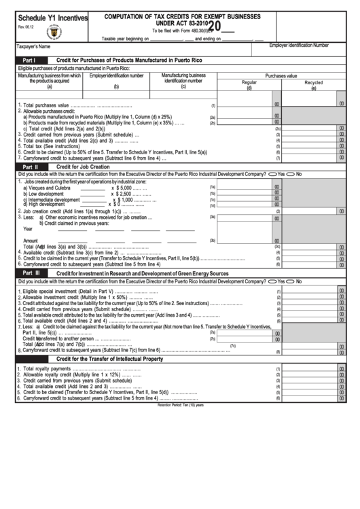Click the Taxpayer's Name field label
coord(33,47)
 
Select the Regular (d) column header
coord(249,84)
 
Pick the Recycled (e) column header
coord(313,84)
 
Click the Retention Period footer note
coord(180,404)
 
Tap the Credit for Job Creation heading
coord(83,166)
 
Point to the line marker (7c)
coord(233,345)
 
